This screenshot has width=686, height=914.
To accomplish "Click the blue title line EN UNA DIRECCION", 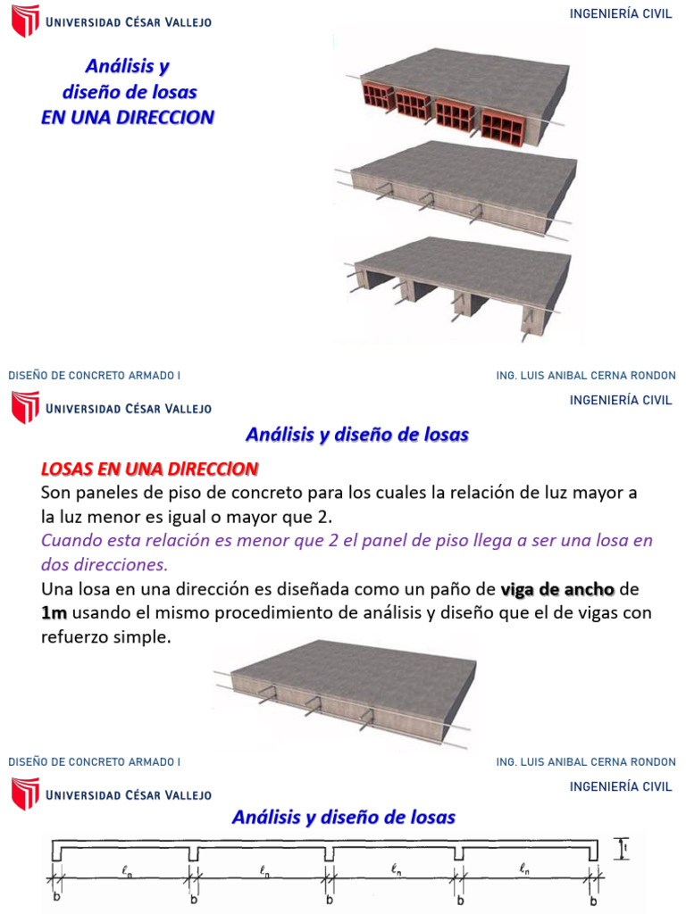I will click(128, 118).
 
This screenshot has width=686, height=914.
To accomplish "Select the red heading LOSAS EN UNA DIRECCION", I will click(150, 469).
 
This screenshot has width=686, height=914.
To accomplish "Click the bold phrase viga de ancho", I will click(557, 590).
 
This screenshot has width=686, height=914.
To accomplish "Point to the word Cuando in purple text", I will click(71, 541).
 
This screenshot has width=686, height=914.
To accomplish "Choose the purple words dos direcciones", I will click(105, 565).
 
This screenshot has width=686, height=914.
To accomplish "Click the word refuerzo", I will click(74, 637).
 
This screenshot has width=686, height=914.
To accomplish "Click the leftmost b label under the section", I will click(56, 897).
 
